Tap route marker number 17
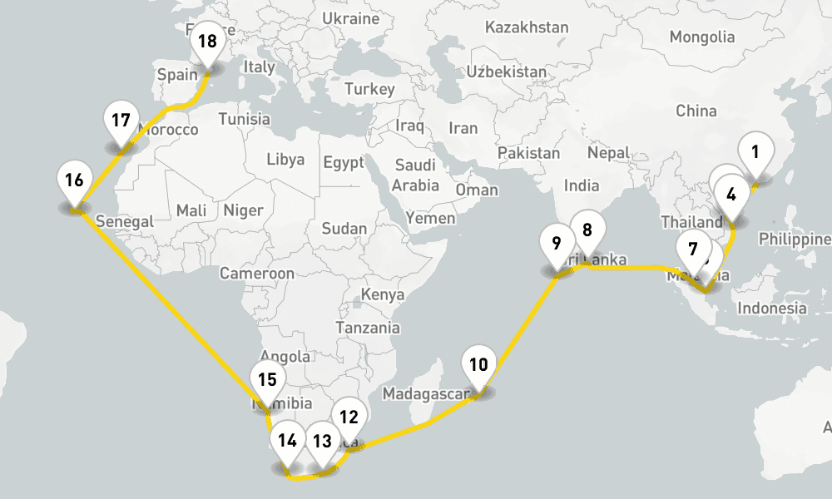click(121, 121)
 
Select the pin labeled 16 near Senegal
click(74, 180)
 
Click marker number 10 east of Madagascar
click(478, 365)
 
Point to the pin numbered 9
click(557, 245)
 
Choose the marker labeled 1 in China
click(755, 152)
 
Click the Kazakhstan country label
click(527, 27)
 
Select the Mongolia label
click(702, 37)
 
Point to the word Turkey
click(369, 89)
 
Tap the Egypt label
click(344, 162)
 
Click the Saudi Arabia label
click(416, 175)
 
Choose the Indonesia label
click(773, 308)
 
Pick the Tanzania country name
click(368, 328)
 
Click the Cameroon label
click(257, 273)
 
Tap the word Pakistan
click(529, 153)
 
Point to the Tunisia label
click(245, 119)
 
